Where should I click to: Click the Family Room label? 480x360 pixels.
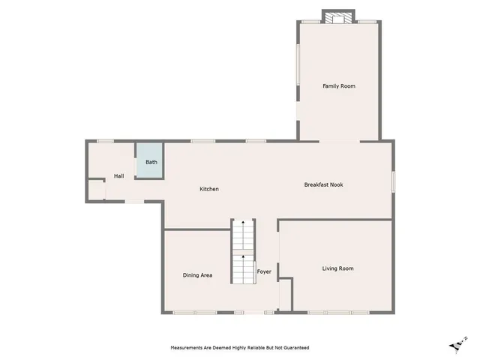(x=338, y=86)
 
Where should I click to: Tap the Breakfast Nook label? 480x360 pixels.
(x=323, y=184)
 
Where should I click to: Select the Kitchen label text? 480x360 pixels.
(x=209, y=189)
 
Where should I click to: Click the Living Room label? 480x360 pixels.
(x=337, y=268)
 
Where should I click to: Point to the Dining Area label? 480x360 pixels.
(x=197, y=275)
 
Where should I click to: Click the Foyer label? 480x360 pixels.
(x=264, y=271)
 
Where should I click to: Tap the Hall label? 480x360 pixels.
(x=118, y=176)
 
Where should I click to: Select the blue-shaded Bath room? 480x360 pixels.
(x=149, y=161)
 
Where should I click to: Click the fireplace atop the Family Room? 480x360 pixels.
(x=337, y=16)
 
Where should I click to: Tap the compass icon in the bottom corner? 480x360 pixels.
(x=456, y=344)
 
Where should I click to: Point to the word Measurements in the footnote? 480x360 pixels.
(x=188, y=348)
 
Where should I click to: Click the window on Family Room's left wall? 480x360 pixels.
(x=298, y=64)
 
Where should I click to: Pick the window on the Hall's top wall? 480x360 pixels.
(x=106, y=141)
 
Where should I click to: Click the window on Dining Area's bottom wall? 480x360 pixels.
(x=184, y=312)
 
